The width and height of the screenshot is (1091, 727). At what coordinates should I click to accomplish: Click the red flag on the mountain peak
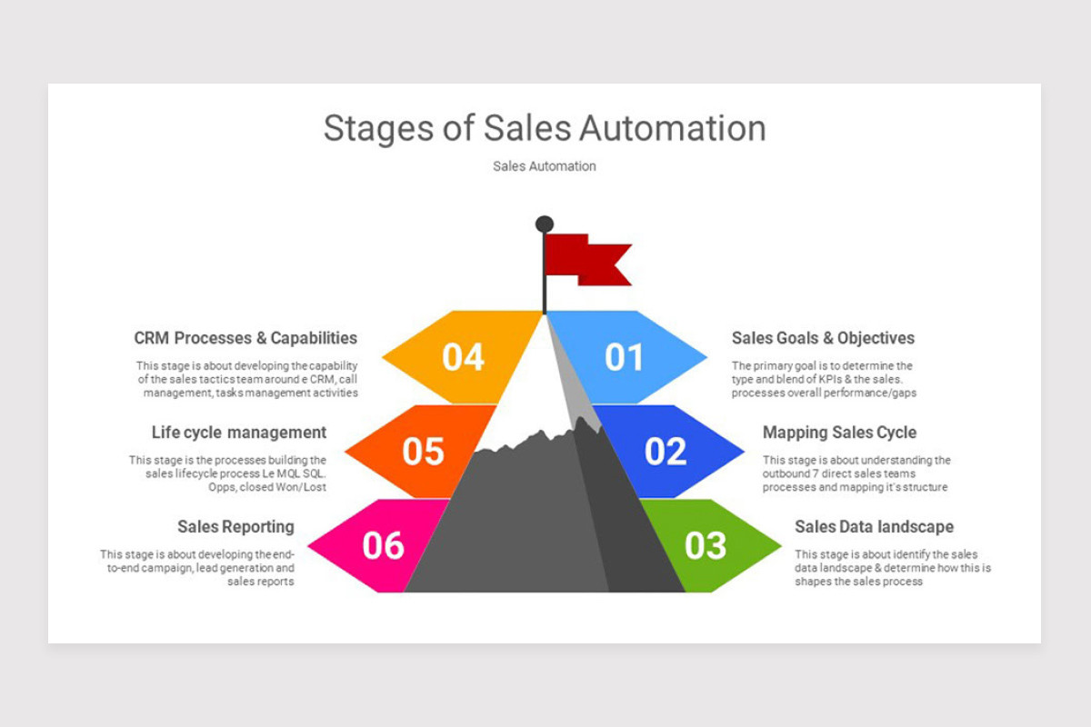click(587, 260)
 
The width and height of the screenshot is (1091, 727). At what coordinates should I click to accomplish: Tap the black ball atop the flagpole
click(545, 224)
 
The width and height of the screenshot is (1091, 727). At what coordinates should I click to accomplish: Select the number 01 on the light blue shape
click(624, 357)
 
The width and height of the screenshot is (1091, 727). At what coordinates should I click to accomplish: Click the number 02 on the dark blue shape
click(666, 452)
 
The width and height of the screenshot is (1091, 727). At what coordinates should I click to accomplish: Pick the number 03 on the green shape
click(706, 545)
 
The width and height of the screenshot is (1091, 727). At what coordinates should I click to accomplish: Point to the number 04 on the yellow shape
click(463, 357)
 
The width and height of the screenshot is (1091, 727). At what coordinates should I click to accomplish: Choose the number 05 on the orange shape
click(423, 452)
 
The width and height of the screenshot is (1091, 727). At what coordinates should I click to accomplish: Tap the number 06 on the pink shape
click(383, 545)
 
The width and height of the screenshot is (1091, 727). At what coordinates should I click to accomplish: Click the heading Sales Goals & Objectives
click(823, 338)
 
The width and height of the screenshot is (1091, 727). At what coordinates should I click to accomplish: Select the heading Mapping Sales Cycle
click(840, 433)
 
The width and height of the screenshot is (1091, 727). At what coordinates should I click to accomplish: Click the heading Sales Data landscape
click(875, 527)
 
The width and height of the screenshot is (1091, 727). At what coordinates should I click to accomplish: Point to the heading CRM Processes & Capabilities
click(245, 338)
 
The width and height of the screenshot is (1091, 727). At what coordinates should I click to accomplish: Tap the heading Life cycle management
click(238, 433)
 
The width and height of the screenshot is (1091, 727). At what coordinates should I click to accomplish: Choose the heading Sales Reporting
click(235, 527)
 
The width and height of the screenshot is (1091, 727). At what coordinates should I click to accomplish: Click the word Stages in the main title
click(378, 128)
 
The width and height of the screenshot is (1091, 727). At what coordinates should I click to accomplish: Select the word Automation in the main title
click(673, 128)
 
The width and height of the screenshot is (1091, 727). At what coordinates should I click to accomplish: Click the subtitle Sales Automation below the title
click(545, 166)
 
